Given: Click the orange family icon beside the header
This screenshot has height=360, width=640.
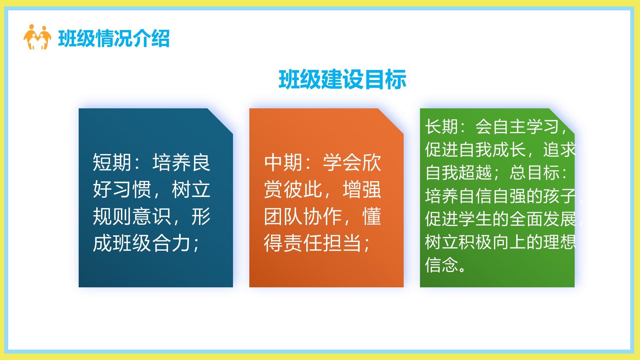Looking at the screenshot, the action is (37, 37).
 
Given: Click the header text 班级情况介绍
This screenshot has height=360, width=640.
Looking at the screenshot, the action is (114, 38).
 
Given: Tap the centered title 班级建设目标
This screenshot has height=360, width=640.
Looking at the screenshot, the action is (342, 80).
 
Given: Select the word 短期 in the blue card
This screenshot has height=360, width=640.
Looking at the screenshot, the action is (112, 162).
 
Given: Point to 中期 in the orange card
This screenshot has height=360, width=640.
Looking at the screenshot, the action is (283, 162).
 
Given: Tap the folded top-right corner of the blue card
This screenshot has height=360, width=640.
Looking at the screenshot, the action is (220, 121).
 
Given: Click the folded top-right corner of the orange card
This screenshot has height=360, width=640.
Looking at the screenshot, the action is (391, 121).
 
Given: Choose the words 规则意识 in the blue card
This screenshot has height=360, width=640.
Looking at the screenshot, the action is (132, 216).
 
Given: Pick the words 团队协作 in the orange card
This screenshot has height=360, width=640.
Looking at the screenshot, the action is (303, 216).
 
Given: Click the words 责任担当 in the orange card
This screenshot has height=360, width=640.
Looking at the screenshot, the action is (322, 243).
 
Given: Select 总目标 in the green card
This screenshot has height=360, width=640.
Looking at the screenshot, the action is (534, 173).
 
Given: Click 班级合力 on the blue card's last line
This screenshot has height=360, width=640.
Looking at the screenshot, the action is (151, 243).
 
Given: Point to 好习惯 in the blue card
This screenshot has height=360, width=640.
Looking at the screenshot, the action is (122, 189).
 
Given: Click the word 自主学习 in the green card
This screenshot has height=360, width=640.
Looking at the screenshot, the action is (526, 127).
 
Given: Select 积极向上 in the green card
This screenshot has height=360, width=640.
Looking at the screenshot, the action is (492, 242).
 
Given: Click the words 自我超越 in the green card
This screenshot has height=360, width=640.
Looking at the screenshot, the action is (459, 173).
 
